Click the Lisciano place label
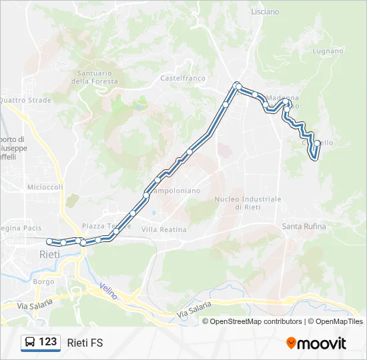(x=265, y=12)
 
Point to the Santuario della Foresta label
(x=97, y=77)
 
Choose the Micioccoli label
(x=45, y=187)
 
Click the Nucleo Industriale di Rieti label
(x=248, y=203)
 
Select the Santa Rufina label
(x=304, y=227)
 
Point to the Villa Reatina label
(x=163, y=229)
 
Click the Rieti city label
(x=50, y=255)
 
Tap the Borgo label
(x=44, y=281)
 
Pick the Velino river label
(x=108, y=291)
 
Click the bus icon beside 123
(x=30, y=343)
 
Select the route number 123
(x=48, y=342)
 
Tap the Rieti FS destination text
(x=85, y=343)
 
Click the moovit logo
(x=316, y=343)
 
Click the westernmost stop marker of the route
(x=49, y=241)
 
